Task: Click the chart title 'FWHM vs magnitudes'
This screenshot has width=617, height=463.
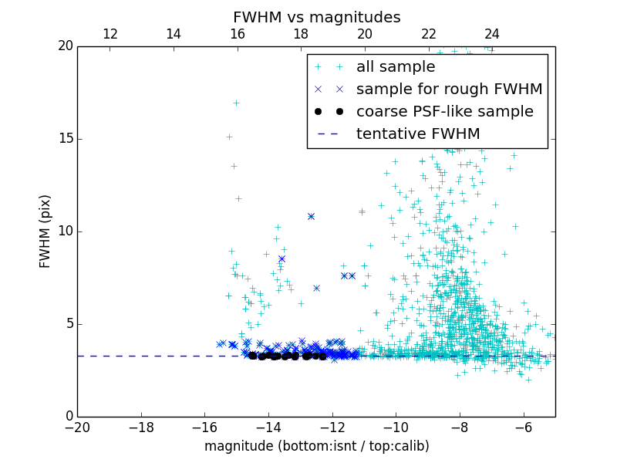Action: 316,17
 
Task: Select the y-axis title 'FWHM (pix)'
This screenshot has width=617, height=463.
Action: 46,231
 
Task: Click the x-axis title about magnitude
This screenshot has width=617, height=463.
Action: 316,446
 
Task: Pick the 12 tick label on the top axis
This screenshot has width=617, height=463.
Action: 110,34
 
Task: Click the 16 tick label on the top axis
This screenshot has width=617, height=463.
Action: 237,34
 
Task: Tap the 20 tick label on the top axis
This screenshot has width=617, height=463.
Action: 364,34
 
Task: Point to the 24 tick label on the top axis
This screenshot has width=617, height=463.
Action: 492,34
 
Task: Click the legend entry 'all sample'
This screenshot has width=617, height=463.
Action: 395,67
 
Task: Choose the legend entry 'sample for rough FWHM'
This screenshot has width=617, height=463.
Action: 449,90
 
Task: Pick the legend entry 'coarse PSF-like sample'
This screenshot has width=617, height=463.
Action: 444,112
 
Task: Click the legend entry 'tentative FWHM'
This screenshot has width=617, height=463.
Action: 418,134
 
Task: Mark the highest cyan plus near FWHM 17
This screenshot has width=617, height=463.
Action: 236,103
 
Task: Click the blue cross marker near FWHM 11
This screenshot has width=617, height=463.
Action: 311,216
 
